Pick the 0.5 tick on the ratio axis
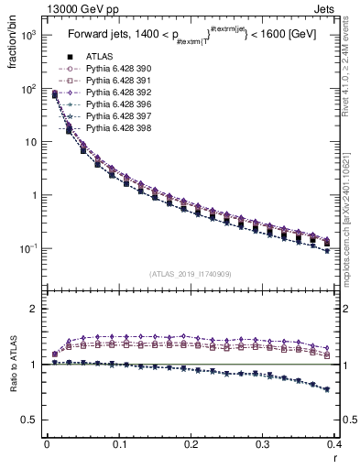pyautogui.click(x=34, y=420)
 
